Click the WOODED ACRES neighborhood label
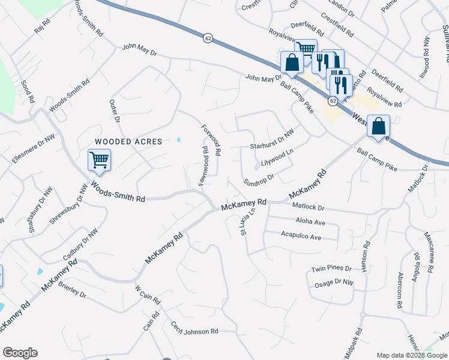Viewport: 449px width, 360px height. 128,142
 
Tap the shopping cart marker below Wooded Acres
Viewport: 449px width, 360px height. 98,161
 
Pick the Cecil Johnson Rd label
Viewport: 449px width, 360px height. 194,331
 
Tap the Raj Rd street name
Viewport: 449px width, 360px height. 42,26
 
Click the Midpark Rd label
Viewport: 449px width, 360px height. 358,341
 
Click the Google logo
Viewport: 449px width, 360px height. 20,353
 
